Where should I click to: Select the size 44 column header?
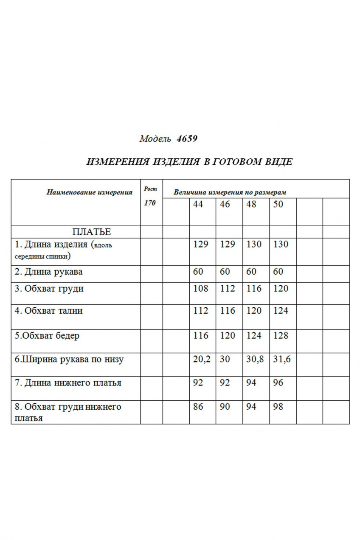(198, 204)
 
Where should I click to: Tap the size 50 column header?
(278, 204)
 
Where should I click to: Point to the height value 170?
(150, 203)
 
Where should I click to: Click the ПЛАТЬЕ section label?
(92, 232)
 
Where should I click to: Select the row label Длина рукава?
(49, 272)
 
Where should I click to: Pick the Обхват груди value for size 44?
(200, 289)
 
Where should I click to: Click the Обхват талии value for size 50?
(281, 311)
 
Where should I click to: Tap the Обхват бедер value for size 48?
(254, 336)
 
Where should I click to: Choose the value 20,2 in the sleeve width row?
(202, 359)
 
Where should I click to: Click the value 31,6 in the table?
(282, 359)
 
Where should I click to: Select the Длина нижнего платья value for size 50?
(278, 383)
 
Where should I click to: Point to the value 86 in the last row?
(198, 407)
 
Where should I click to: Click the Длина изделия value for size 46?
(228, 245)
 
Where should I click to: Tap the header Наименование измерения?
(89, 192)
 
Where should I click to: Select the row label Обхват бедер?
(47, 336)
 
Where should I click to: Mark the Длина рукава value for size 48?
(251, 272)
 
